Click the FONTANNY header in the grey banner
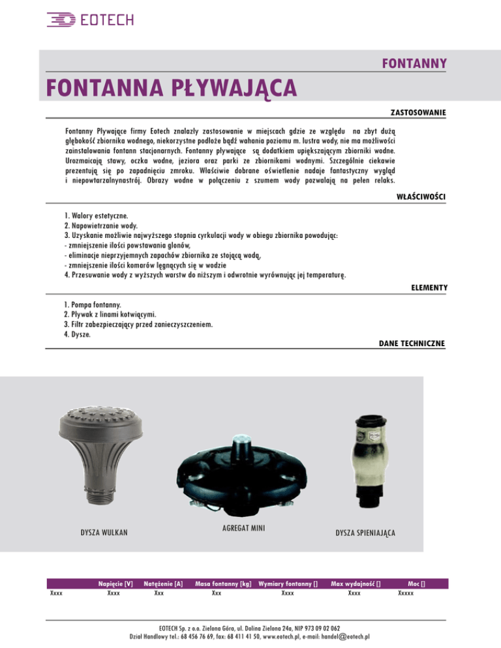[x=414, y=63]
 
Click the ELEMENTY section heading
[x=429, y=287]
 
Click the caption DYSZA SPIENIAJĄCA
[x=365, y=533]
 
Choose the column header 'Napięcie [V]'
[x=115, y=584]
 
